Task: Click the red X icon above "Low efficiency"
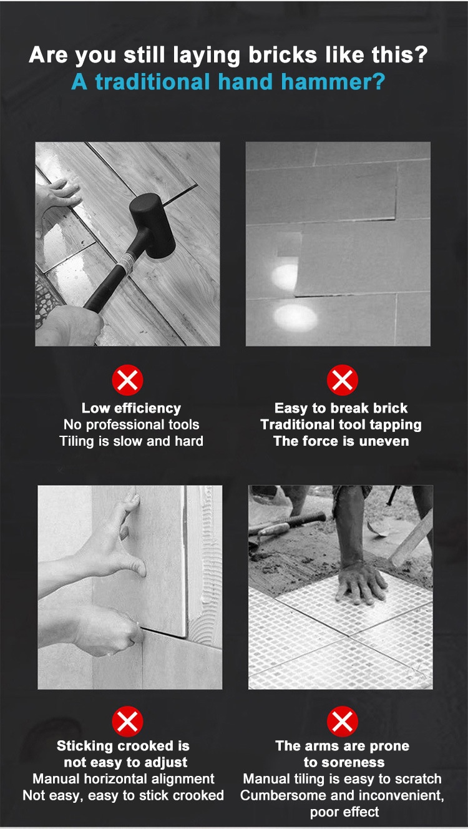coord(128,380)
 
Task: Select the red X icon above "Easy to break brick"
coord(342,380)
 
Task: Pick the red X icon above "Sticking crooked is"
coord(128,721)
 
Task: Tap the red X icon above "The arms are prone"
coord(342,721)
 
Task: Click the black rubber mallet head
coord(152,226)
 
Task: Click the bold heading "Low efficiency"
coord(131,408)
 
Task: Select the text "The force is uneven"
coord(341,441)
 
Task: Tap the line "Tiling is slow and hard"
coord(131,441)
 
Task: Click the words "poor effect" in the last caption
coord(344,812)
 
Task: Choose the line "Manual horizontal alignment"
coord(124,778)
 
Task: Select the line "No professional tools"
coord(131,425)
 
